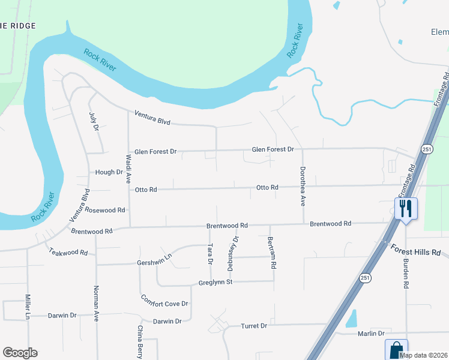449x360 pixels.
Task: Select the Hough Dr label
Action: point(109,172)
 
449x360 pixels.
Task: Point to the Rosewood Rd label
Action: point(105,210)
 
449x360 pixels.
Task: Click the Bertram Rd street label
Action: point(272,251)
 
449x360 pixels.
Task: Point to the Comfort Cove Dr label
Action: point(164,300)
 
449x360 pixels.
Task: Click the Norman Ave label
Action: point(95,303)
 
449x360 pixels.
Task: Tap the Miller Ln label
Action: point(28,307)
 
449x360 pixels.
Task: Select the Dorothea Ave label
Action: point(303,186)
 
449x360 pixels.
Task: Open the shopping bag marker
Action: point(396,350)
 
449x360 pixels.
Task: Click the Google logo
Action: point(20,353)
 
